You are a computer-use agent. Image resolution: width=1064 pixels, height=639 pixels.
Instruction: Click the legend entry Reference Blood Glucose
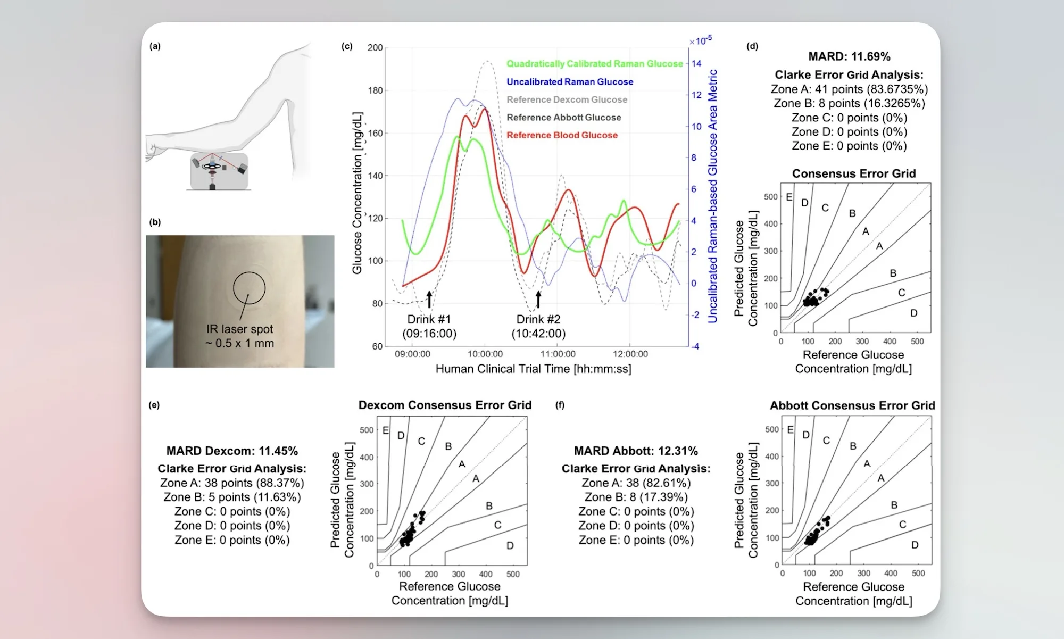[x=562, y=135]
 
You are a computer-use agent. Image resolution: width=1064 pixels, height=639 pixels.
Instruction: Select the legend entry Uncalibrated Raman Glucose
[x=570, y=82]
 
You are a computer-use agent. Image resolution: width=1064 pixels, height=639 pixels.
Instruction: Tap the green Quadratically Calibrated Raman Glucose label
[x=594, y=64]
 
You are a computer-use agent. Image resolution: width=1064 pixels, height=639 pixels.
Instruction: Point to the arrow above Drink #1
[x=429, y=299]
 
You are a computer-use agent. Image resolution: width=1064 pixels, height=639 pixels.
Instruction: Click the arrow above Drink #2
[x=538, y=299]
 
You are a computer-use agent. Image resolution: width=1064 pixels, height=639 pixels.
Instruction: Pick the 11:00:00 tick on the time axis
[x=558, y=354]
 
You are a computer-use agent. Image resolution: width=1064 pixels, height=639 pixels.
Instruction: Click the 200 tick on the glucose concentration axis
[x=375, y=48]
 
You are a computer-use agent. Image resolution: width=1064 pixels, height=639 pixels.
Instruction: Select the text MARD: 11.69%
[x=849, y=56]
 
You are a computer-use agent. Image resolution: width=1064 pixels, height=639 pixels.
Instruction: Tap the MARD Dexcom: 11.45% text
[x=232, y=451]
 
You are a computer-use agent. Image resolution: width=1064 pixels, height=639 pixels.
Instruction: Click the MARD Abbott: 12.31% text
[x=636, y=451]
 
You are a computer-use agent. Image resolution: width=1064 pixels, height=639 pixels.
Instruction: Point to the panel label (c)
[x=347, y=46]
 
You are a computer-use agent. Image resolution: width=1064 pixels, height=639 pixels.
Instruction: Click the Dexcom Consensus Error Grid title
[x=445, y=405]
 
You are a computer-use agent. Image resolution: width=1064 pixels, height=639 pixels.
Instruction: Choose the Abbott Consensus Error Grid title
[x=852, y=406]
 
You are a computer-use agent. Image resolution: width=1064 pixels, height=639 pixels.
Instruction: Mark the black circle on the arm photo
[x=249, y=288]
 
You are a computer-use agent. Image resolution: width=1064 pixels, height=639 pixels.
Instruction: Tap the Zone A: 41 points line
[x=849, y=89]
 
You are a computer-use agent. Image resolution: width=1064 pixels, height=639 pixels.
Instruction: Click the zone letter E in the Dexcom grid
[x=386, y=430]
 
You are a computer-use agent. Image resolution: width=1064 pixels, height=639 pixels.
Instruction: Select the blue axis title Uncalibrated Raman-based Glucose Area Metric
[x=713, y=196]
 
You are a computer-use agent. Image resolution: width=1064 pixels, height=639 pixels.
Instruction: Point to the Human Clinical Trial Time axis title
[x=533, y=369]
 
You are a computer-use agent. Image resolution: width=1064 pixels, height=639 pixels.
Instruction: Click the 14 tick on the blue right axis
[x=696, y=64]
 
